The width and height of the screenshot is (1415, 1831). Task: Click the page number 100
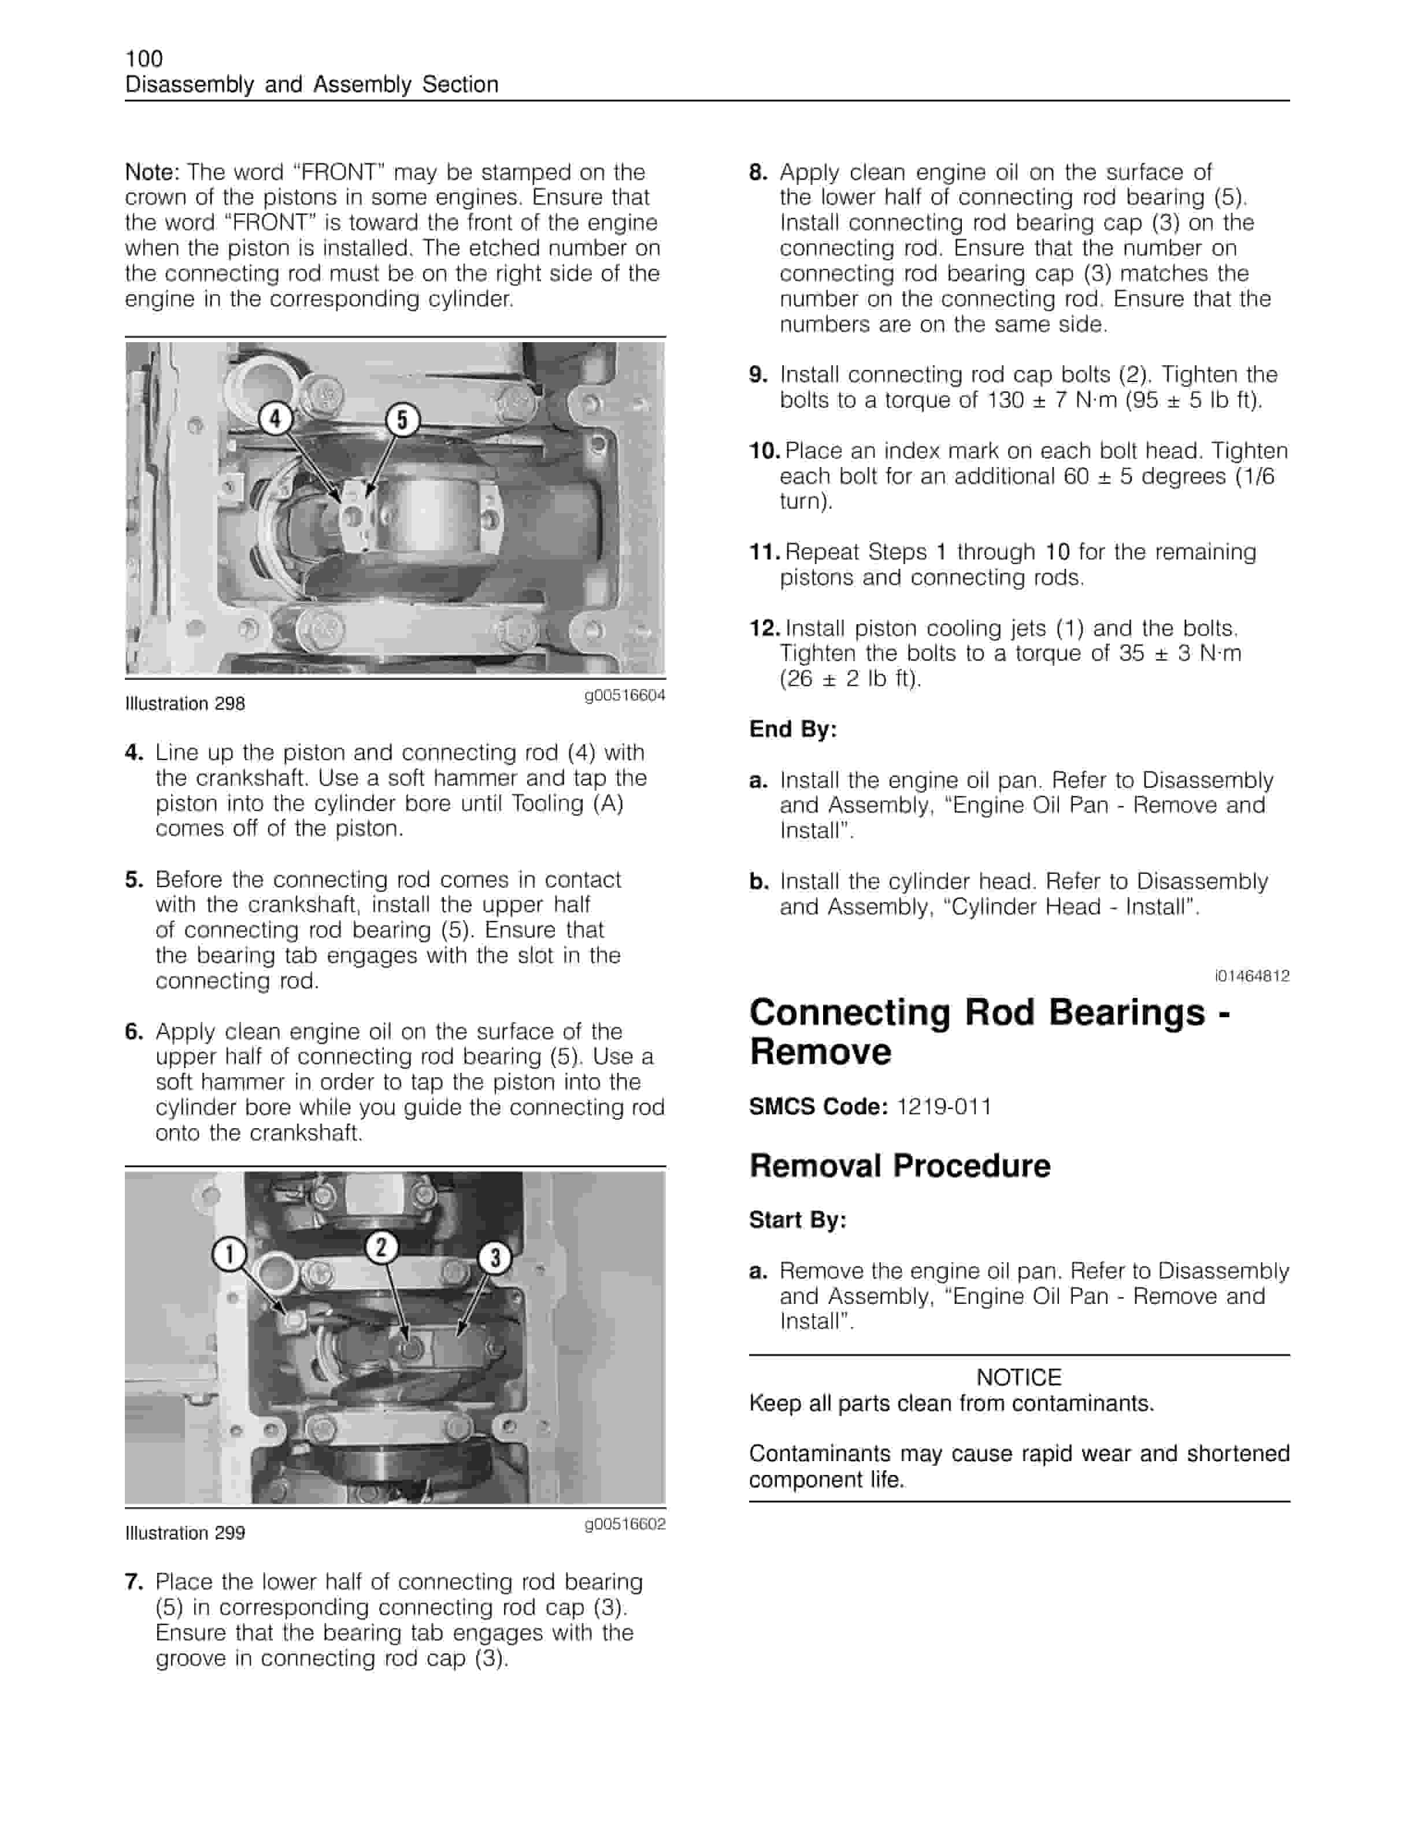[x=143, y=59]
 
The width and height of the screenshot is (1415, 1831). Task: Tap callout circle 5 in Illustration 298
[x=402, y=419]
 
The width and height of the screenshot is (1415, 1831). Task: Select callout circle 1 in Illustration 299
[x=229, y=1254]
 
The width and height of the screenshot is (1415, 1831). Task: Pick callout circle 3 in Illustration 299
[x=495, y=1258]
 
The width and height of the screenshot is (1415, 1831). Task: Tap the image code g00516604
[x=624, y=695]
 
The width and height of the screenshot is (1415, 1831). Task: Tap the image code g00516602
[x=624, y=1524]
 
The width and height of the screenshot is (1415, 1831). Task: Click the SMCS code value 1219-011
[x=943, y=1107]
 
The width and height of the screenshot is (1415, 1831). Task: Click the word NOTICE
[x=1018, y=1377]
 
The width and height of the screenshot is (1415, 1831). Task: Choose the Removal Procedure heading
[x=899, y=1165]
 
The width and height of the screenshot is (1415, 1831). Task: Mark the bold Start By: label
[x=797, y=1220]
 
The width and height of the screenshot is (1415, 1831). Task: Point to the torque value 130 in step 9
[x=1005, y=400]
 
